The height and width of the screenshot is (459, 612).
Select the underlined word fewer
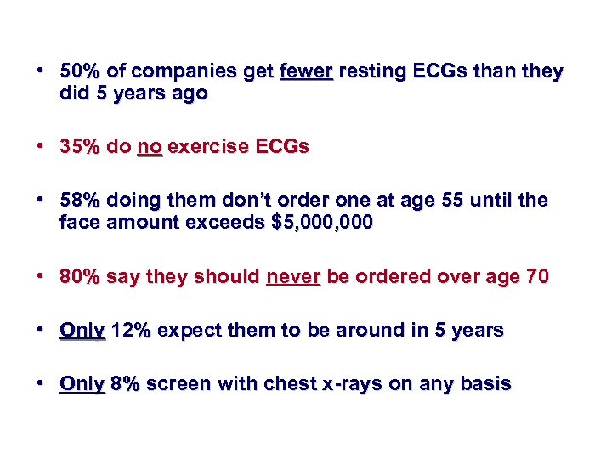click(x=306, y=71)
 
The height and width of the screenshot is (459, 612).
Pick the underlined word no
click(x=150, y=146)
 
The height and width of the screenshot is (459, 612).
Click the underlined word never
click(x=292, y=276)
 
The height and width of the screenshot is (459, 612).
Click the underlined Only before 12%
click(x=82, y=330)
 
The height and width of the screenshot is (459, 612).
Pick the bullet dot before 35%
click(x=42, y=146)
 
